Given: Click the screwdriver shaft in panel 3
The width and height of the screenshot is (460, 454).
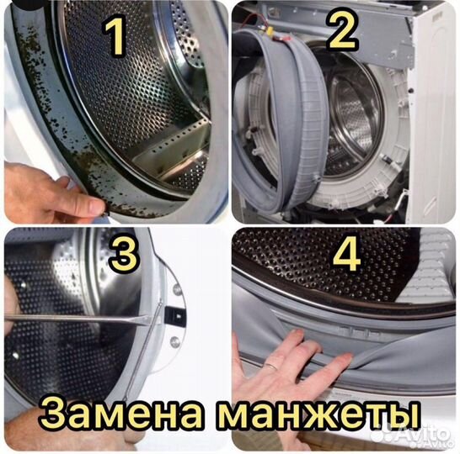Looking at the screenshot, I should coord(76,318).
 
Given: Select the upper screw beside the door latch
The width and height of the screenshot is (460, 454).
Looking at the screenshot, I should coord(177,289).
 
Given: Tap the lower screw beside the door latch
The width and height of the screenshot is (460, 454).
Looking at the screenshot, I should coord(174,341).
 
